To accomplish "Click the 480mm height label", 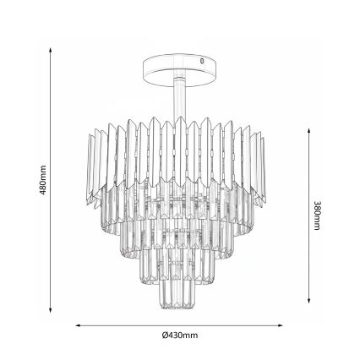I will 43,180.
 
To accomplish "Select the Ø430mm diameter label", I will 179,335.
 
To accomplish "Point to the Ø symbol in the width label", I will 166,335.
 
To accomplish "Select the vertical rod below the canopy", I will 178,97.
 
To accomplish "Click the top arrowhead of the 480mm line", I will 52,48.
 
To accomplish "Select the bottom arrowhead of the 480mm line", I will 52,311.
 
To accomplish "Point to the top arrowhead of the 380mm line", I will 308,132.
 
